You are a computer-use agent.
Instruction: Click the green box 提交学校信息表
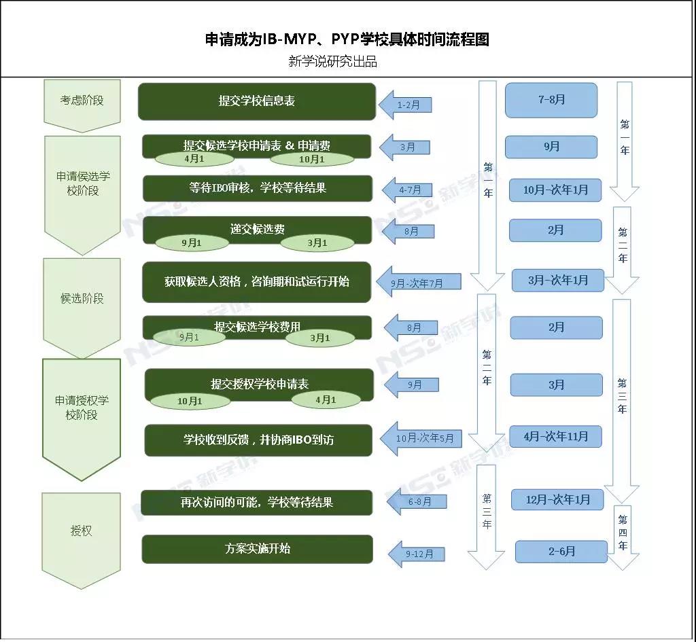coord(257,101)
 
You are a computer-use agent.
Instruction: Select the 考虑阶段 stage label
coord(82,101)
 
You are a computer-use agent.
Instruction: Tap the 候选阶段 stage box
coord(82,298)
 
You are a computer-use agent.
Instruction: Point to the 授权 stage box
coord(81,531)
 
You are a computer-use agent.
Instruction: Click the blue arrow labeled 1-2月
coord(406,105)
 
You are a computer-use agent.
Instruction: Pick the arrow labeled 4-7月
coord(408,190)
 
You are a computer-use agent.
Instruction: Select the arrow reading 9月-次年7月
coord(417,282)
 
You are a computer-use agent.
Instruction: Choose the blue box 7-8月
coord(551,100)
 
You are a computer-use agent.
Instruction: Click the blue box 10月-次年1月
coord(555,190)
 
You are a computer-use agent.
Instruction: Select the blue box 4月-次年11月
coord(556,436)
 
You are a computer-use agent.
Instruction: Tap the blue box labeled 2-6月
coord(561,551)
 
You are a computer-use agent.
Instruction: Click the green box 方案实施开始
coord(257,548)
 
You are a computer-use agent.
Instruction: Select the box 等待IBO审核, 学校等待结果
coord(257,188)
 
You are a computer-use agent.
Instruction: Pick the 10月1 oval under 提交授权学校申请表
coord(190,402)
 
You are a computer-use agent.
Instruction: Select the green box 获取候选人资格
coord(256,281)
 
